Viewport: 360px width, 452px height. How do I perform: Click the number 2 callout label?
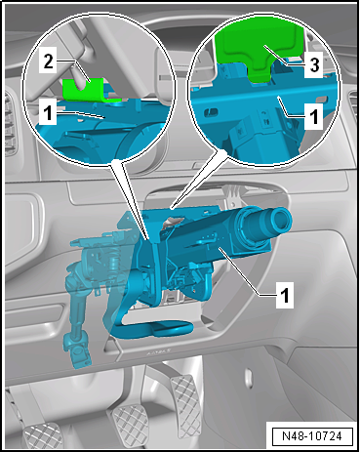click(x=48, y=61)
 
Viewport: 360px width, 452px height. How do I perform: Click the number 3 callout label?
click(x=313, y=64)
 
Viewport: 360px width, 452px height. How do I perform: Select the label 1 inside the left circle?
click(x=48, y=112)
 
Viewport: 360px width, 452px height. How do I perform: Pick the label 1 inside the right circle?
click(x=313, y=116)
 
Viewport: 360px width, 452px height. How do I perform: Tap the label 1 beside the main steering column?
click(x=284, y=295)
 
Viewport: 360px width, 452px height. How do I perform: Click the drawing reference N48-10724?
click(x=312, y=435)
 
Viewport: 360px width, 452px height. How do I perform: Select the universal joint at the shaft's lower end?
click(x=77, y=351)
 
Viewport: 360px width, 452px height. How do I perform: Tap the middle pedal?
click(x=131, y=422)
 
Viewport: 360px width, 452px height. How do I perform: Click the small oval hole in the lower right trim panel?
click(x=249, y=378)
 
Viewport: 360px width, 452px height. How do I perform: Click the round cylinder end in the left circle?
click(x=143, y=144)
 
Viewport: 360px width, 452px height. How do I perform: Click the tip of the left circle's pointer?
click(x=149, y=240)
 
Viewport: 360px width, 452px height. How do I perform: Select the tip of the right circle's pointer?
click(x=172, y=208)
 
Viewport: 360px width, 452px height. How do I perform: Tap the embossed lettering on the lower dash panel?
click(x=159, y=351)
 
